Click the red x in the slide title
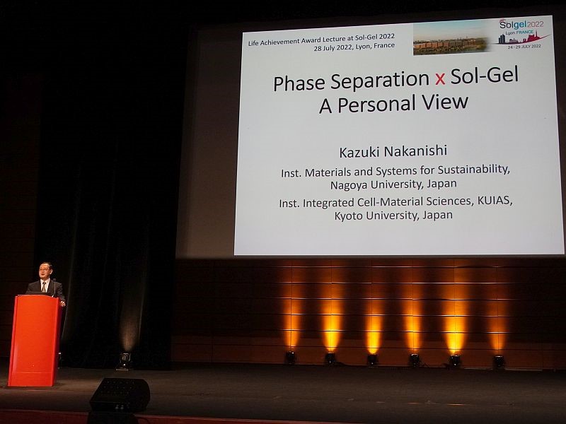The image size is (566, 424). click(439, 79)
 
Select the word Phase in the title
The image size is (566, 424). click(299, 83)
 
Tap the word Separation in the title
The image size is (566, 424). click(380, 81)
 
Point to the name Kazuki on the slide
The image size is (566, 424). click(359, 152)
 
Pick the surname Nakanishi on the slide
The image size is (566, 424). click(415, 151)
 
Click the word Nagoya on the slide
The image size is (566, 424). click(349, 185)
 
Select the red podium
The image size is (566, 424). click(35, 340)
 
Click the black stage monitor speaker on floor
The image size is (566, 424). click(120, 395)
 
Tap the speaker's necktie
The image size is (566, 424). click(44, 287)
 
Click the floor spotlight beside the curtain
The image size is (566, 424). click(125, 360)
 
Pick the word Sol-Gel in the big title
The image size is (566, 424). click(485, 76)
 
